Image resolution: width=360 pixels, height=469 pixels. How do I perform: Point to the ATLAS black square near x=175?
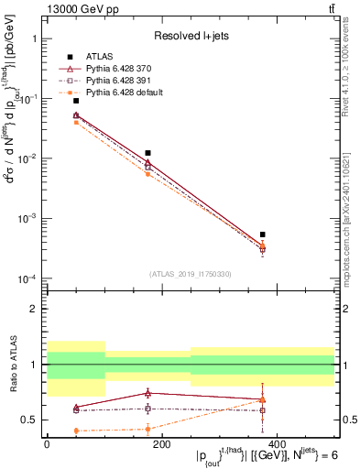pos(147,153)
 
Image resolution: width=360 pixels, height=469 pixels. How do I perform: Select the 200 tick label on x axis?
pos(161,444)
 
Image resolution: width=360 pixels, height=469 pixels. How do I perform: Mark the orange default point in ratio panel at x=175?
pos(147,429)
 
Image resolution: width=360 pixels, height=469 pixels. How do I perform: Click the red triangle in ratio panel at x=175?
pos(147,393)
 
